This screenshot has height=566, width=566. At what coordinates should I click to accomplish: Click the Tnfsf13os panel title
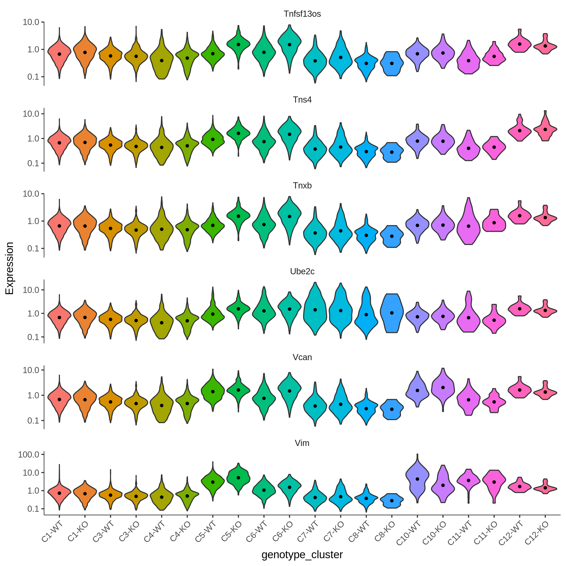coord(302,14)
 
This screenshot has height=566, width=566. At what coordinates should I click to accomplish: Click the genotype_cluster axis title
coord(302,555)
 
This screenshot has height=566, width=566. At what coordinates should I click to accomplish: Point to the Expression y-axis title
coord(10,268)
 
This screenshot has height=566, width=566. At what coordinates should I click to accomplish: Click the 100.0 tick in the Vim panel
coord(29,455)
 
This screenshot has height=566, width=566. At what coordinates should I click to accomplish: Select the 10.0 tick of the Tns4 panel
coord(31,114)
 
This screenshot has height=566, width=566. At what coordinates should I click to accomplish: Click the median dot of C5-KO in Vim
coord(238,478)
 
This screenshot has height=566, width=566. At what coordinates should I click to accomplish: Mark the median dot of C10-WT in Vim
coord(417,479)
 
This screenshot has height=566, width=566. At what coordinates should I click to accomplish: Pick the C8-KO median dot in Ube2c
coord(392,313)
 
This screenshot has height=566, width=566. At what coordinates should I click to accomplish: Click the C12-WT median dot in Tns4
coord(519,131)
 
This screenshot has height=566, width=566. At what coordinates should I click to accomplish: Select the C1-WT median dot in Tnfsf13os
coord(59,54)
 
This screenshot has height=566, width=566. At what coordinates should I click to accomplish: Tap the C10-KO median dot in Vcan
coord(443,387)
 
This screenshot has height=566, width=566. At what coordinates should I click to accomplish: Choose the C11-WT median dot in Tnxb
coord(468,226)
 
